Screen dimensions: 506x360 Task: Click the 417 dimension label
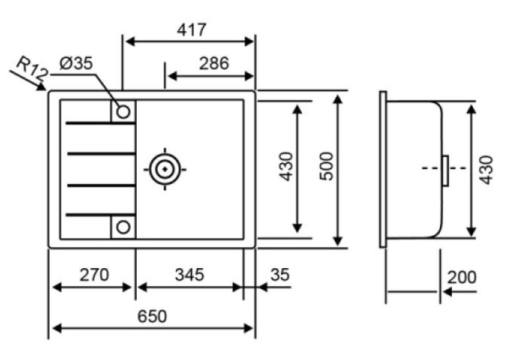pos(192,30)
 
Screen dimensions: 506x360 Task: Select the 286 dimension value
pos(213,63)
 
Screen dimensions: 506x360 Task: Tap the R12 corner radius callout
pos(32,69)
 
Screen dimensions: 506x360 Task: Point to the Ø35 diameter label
pos(76,63)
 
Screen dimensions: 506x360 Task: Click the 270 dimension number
pos(94,275)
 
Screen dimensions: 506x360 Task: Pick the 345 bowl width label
pos(190,275)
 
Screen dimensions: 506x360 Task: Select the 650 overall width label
pos(152,316)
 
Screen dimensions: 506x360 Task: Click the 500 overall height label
pos(326,166)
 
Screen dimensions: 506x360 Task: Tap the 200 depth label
pos(462,277)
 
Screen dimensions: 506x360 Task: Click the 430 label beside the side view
pos(486,170)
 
